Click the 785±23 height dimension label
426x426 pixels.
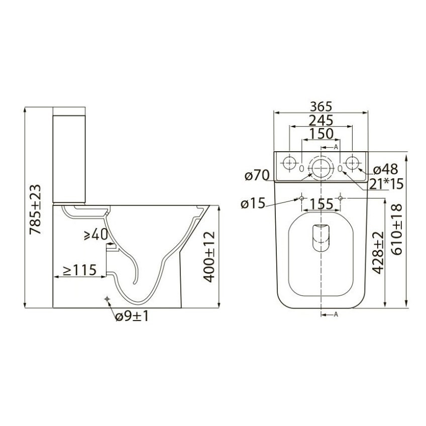[x=35, y=209]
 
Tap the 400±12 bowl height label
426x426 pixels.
[x=209, y=257]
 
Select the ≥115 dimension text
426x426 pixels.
[x=79, y=270]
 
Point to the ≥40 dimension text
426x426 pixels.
[x=95, y=235]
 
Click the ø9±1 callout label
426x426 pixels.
[x=132, y=316]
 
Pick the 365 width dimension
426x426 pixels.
[x=321, y=106]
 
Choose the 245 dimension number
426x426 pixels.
[x=321, y=121]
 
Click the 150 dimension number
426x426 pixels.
[x=321, y=134]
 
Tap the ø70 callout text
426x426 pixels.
[x=257, y=175]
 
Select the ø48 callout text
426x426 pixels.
[x=385, y=169]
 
